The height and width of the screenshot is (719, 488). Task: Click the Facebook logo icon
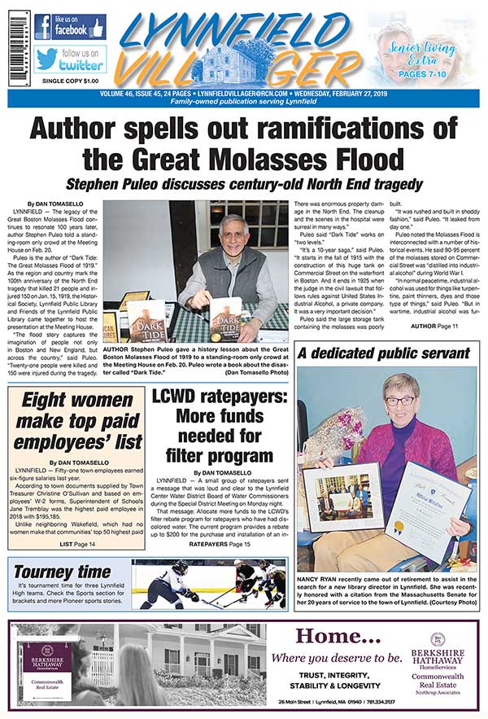pyautogui.click(x=43, y=26)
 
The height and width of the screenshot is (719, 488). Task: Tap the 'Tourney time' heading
pyautogui.click(x=63, y=572)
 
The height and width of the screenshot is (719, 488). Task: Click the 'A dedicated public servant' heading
pyautogui.click(x=383, y=354)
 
